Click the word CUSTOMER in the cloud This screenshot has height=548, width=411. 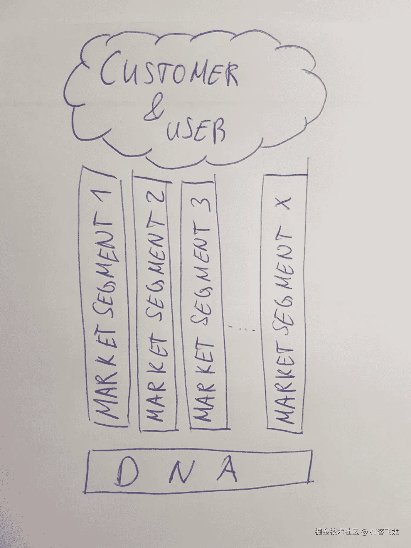pyautogui.click(x=169, y=72)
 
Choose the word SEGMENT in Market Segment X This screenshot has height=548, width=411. pyautogui.click(x=284, y=282)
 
